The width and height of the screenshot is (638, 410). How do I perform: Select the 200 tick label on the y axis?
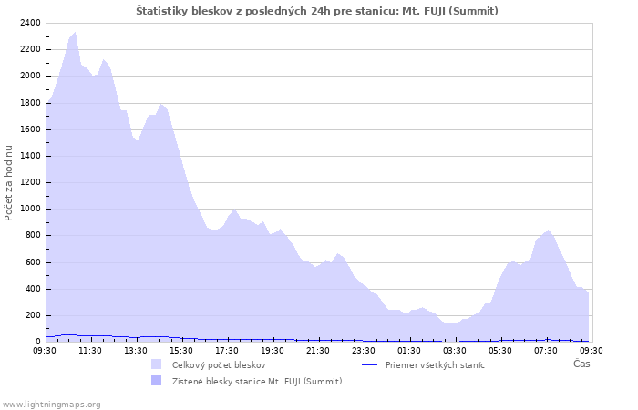32,315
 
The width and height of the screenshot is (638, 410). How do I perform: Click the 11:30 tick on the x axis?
90,350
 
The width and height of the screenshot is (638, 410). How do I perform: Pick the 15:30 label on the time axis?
181,350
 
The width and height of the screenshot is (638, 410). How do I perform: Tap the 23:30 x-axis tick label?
364,350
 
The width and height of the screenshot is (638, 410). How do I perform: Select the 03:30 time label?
455,350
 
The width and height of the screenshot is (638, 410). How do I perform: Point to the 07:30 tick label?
546,350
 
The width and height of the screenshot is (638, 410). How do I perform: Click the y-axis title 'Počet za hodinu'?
10,182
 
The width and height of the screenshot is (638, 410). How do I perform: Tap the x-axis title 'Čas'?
581,364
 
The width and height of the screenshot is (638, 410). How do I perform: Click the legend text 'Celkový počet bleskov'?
219,365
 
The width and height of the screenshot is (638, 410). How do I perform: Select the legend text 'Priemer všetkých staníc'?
435,365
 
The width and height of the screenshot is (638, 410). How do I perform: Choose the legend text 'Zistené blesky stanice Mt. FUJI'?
257,381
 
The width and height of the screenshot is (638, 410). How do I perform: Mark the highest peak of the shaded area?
75,33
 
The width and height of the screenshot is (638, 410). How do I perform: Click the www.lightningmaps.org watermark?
52,404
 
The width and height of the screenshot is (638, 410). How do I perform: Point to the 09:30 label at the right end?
592,350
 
